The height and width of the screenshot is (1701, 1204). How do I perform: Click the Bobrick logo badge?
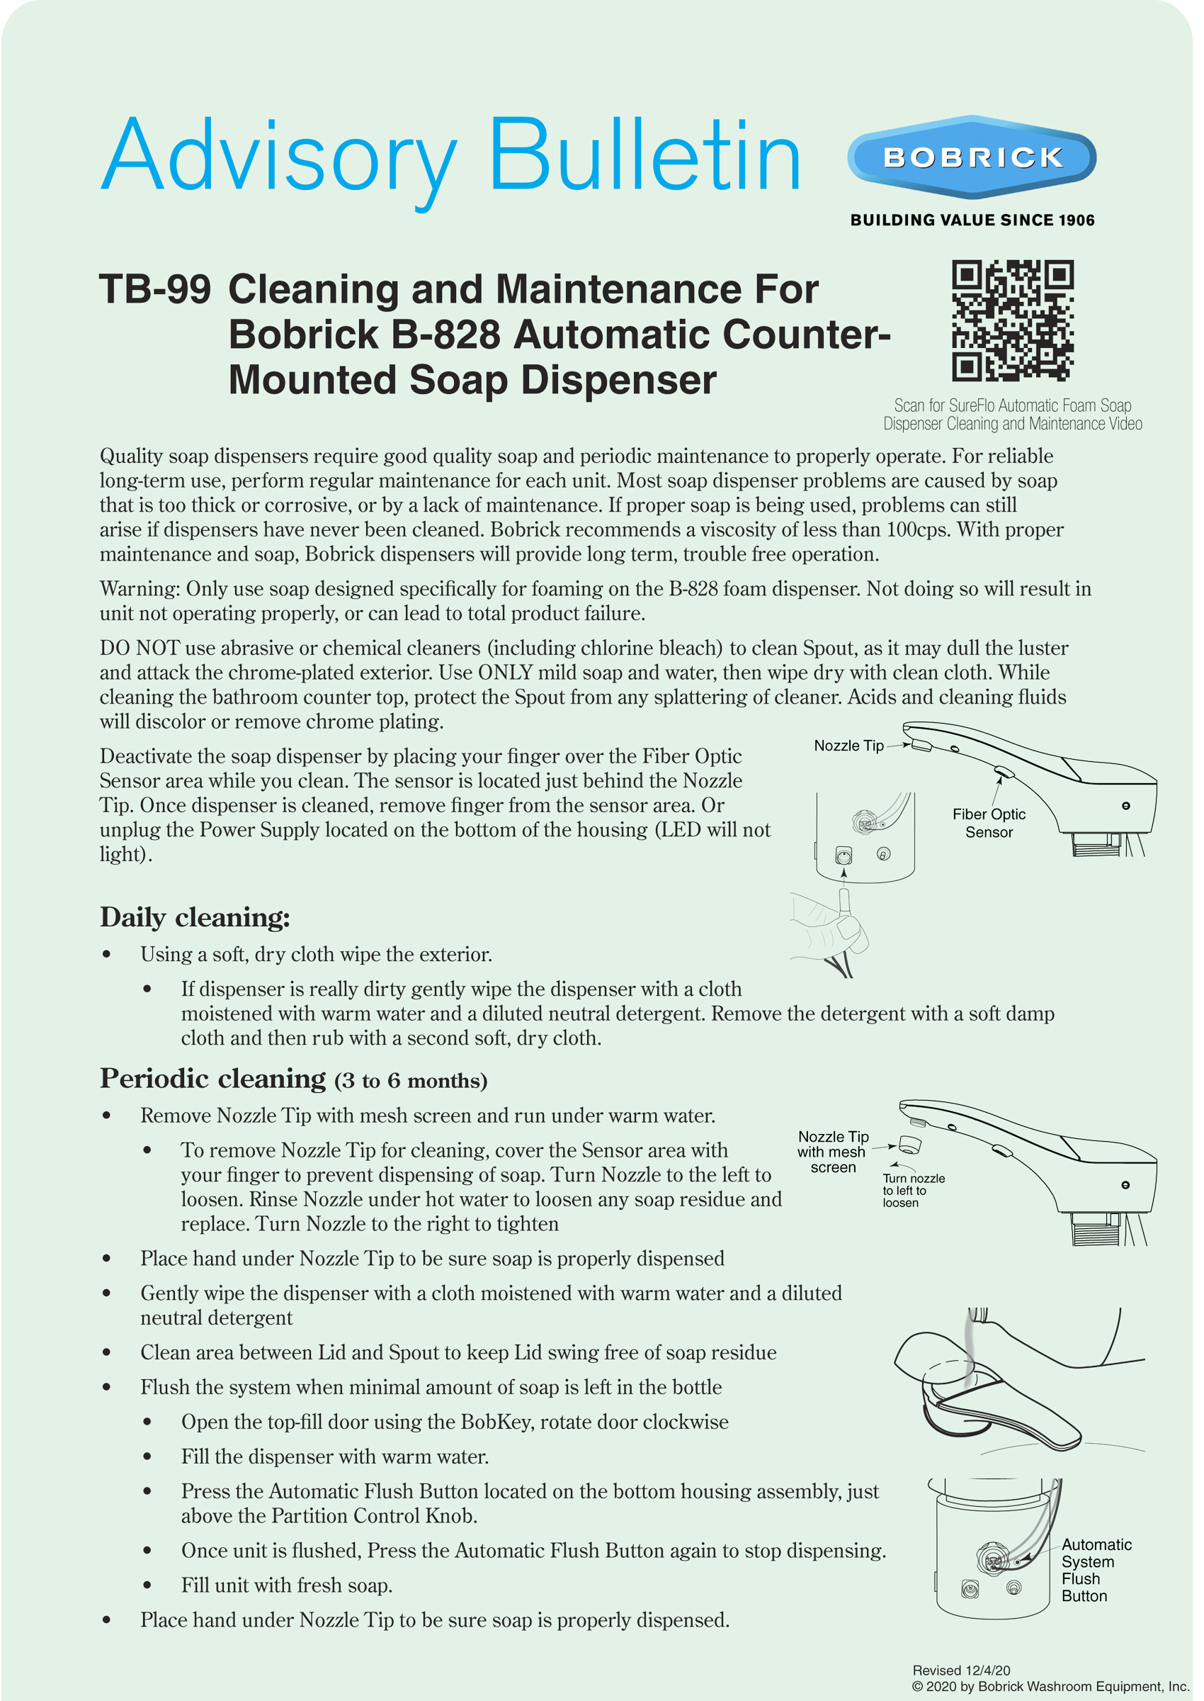971,157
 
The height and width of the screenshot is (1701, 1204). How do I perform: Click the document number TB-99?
155,288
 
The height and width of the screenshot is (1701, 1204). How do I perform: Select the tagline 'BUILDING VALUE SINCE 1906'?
972,220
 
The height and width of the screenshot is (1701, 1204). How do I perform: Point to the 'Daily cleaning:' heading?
195,918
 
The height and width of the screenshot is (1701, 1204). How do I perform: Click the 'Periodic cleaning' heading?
212,1079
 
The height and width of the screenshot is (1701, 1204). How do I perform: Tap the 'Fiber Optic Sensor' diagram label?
988,823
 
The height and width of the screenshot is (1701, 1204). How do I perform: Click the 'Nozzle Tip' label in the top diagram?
848,746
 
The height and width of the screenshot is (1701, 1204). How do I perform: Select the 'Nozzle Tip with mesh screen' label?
832,1151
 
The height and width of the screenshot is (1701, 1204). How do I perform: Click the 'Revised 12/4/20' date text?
961,1670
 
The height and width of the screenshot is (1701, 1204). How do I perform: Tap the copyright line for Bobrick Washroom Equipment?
1050,1686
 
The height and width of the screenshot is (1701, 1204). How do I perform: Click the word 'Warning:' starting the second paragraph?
140,588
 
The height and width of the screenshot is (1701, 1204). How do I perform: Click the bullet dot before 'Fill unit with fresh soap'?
147,1585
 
